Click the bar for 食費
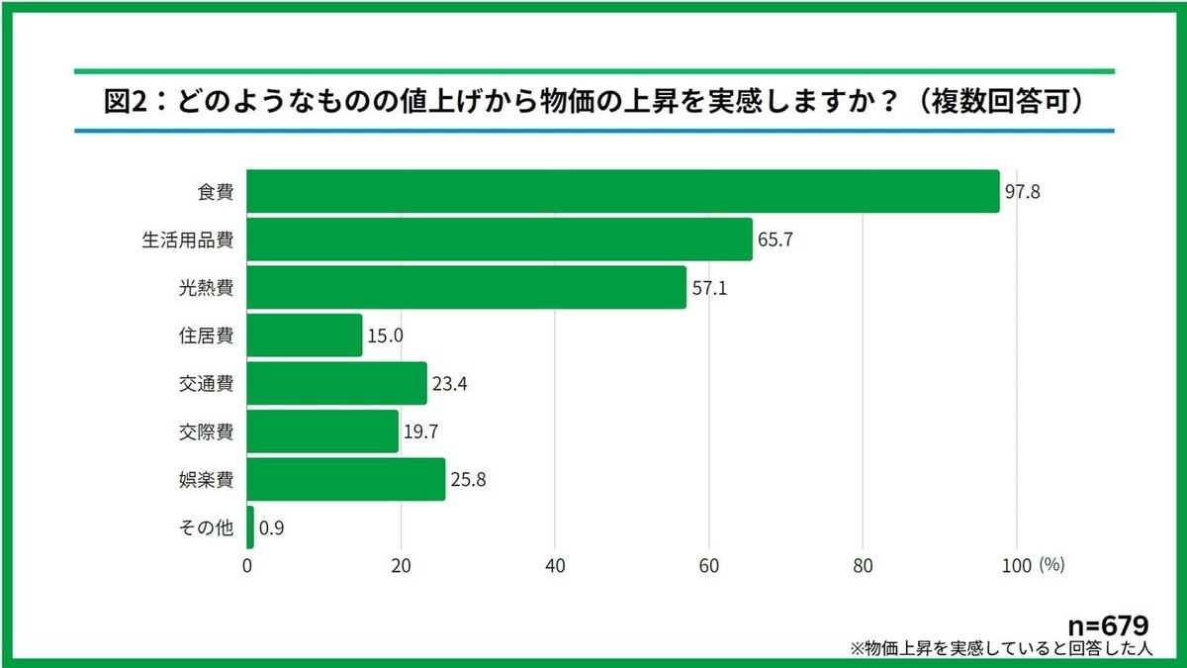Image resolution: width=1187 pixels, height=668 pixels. [623, 191]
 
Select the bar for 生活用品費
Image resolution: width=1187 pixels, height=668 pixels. [500, 239]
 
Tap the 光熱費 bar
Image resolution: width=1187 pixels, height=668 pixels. [467, 287]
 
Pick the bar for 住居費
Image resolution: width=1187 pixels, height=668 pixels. [305, 335]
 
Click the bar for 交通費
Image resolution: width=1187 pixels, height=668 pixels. [336, 383]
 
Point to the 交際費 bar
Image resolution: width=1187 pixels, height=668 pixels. [322, 431]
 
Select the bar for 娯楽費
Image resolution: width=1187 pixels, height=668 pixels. [346, 479]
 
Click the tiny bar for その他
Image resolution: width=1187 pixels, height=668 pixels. [250, 527]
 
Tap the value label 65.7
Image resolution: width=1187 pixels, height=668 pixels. [775, 240]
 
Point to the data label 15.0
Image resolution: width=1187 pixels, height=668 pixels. [385, 336]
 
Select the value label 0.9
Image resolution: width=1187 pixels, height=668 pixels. [271, 528]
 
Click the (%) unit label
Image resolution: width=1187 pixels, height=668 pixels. [1050, 565]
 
